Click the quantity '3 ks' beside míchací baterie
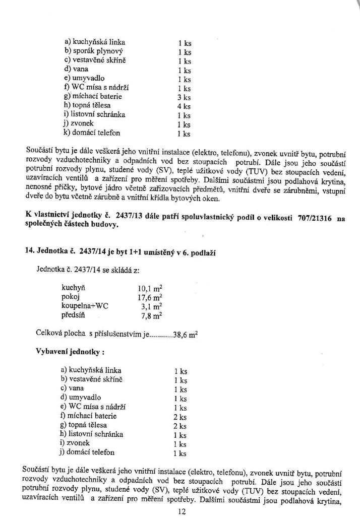[x=184, y=97]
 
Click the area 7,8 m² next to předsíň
[x=151, y=316]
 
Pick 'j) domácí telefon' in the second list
[x=87, y=452]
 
